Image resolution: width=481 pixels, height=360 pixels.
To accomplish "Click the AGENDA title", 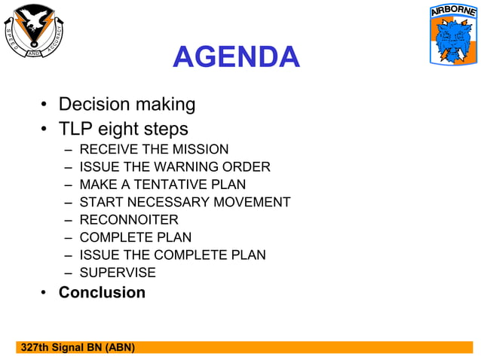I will click(x=236, y=57).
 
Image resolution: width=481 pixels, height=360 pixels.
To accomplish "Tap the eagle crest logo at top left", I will click(x=35, y=31).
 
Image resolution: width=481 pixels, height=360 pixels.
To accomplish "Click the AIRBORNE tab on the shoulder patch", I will click(x=453, y=12).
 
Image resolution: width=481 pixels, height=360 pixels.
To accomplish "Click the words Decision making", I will click(x=127, y=104).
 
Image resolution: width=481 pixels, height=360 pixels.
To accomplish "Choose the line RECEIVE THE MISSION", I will click(x=154, y=149).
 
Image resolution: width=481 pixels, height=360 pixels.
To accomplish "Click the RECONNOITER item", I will click(x=129, y=219).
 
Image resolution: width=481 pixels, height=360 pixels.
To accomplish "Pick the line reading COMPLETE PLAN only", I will click(x=136, y=237).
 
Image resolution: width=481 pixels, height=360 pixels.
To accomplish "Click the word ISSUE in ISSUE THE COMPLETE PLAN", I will click(x=96, y=255).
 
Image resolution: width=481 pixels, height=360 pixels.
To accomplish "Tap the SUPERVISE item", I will click(x=118, y=272).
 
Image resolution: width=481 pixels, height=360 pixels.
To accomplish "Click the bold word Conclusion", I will click(x=102, y=292).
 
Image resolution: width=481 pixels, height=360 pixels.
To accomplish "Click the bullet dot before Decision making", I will click(x=45, y=105).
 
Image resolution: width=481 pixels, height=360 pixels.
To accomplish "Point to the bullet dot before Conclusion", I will click(x=45, y=293).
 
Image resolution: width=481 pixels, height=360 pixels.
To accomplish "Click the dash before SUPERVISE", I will click(x=69, y=273).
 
